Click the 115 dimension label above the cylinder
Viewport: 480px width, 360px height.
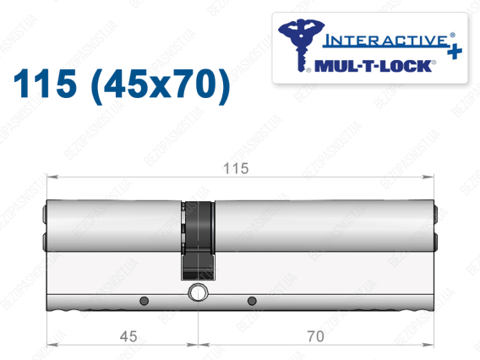point(236,168)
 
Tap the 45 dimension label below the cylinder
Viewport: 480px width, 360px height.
point(128,336)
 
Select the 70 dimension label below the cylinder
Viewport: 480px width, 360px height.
point(315,336)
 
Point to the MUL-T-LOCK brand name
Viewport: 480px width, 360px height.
point(374,66)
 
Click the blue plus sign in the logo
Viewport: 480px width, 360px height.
point(455,52)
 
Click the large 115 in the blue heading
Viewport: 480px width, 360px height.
point(45,84)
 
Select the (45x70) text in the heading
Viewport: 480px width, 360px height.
point(161,85)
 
